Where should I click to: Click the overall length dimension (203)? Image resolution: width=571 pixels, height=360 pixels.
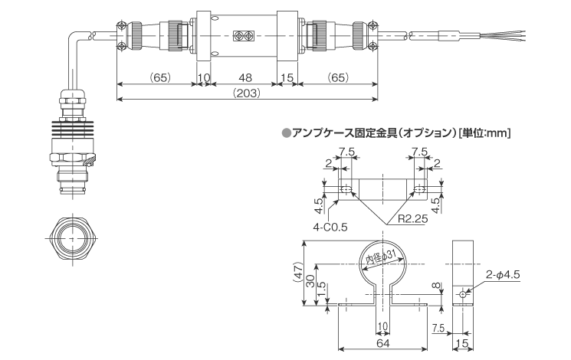(x=246, y=93)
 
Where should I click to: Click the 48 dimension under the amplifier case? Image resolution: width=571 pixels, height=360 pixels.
(x=245, y=78)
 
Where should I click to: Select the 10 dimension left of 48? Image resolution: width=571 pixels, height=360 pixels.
(x=204, y=78)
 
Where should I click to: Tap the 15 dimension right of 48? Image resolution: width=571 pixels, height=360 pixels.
(x=287, y=78)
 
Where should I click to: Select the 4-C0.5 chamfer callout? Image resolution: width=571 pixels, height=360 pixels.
(x=330, y=226)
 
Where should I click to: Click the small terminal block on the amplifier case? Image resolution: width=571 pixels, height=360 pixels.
(x=246, y=35)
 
